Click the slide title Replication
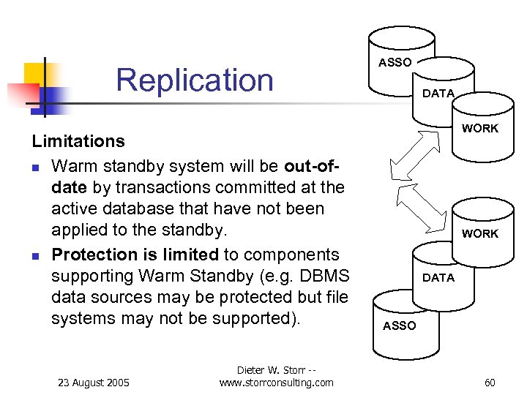point(194,80)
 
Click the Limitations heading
point(78,140)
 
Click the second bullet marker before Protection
point(35,256)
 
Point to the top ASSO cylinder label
point(395,63)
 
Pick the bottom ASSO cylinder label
point(399,326)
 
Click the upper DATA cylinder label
point(438,94)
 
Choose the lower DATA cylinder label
point(438,278)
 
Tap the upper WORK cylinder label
point(479,129)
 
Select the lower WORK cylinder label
point(479,234)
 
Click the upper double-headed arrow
point(414,154)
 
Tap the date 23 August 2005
point(94,383)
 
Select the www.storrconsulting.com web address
point(276,383)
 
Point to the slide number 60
point(490,383)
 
